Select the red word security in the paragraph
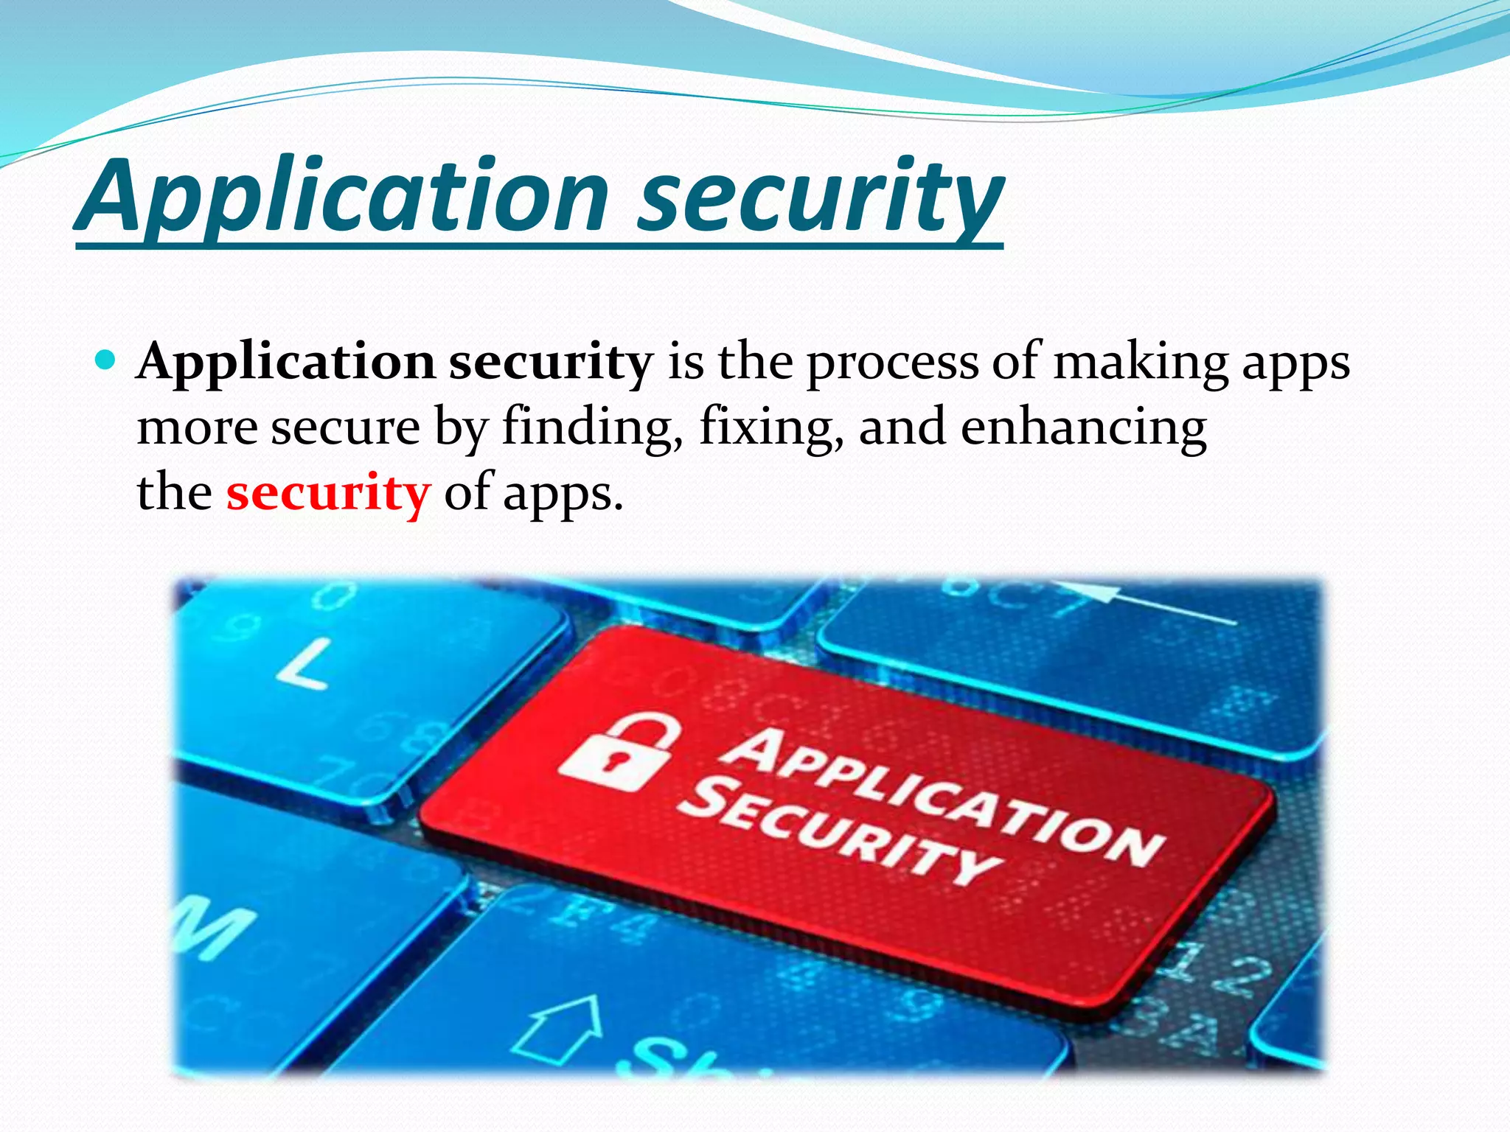[327, 492]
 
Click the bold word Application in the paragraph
[286, 362]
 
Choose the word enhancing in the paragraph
[1083, 427]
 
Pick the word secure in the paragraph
[345, 427]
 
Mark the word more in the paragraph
[197, 427]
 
